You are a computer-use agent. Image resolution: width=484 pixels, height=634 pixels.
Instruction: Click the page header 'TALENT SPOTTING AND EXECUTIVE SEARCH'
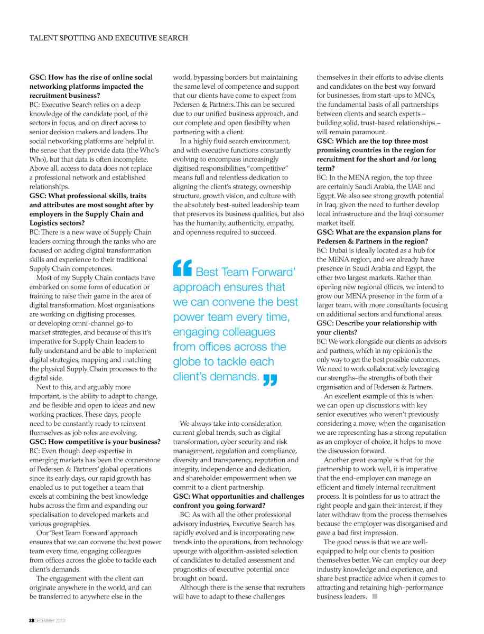coord(108,38)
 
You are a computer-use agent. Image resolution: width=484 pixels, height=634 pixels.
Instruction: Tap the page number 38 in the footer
coord(32,620)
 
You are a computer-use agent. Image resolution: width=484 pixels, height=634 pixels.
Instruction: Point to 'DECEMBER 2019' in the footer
coord(50,620)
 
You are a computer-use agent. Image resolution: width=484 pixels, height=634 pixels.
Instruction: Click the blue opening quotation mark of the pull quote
coord(183,270)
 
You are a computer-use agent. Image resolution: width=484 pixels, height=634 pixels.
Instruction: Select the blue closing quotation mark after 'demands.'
coord(270,379)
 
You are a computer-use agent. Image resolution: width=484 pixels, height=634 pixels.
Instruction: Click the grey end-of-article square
coord(375,596)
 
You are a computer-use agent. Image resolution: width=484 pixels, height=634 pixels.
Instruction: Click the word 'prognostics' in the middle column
coord(192,569)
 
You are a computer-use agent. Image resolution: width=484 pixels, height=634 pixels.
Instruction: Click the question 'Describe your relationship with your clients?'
coord(377,328)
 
